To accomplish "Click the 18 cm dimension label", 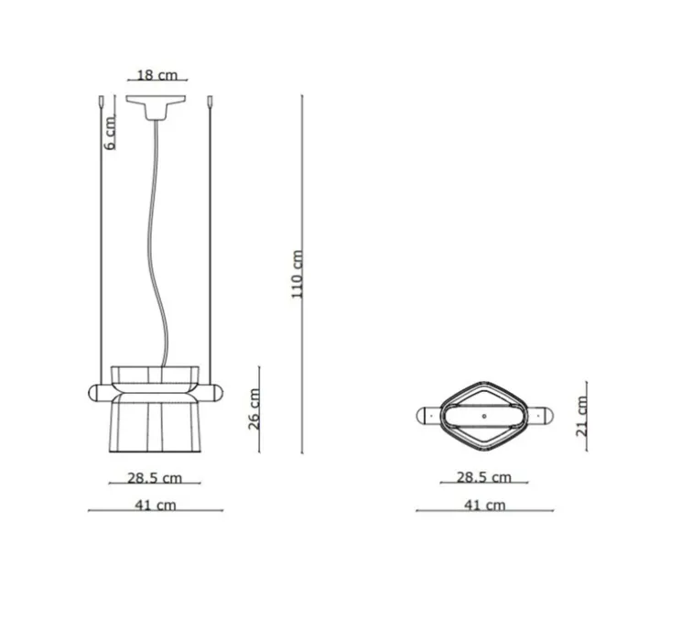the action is [x=157, y=75].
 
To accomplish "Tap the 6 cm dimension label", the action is [x=111, y=133].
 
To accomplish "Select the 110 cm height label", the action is [x=297, y=274].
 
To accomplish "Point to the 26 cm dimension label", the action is [x=254, y=409].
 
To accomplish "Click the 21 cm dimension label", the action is [x=581, y=417].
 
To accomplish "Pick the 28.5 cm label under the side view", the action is [x=155, y=478].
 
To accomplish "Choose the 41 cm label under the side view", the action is [x=156, y=505].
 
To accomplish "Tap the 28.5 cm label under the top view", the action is [x=484, y=477].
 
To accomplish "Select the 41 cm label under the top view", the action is [x=485, y=505].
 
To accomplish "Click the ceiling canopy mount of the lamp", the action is [x=156, y=107].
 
